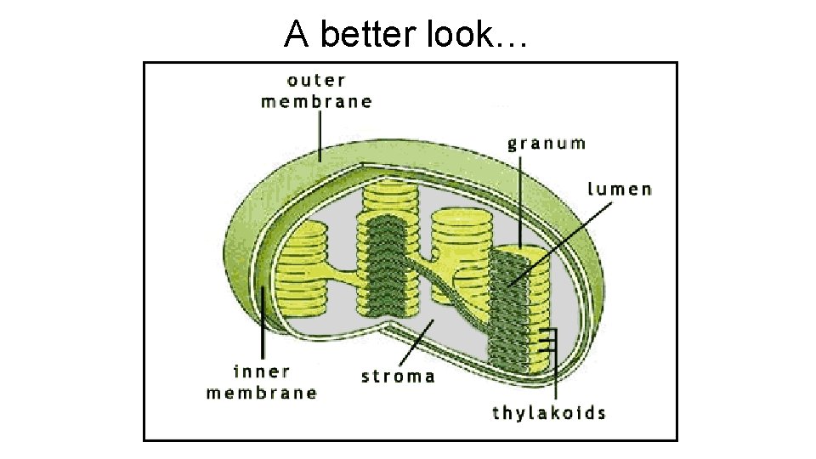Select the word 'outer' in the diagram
pyautogui.click(x=316, y=82)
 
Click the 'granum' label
pyautogui.click(x=547, y=143)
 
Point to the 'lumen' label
pyautogui.click(x=620, y=189)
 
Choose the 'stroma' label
pyautogui.click(x=398, y=376)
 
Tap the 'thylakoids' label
pyautogui.click(x=549, y=414)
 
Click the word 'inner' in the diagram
pyautogui.click(x=262, y=372)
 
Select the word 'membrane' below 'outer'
pyautogui.click(x=316, y=102)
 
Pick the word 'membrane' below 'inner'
pyautogui.click(x=262, y=393)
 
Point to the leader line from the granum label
pyautogui.click(x=518, y=200)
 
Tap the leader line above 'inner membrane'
pyautogui.click(x=263, y=327)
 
